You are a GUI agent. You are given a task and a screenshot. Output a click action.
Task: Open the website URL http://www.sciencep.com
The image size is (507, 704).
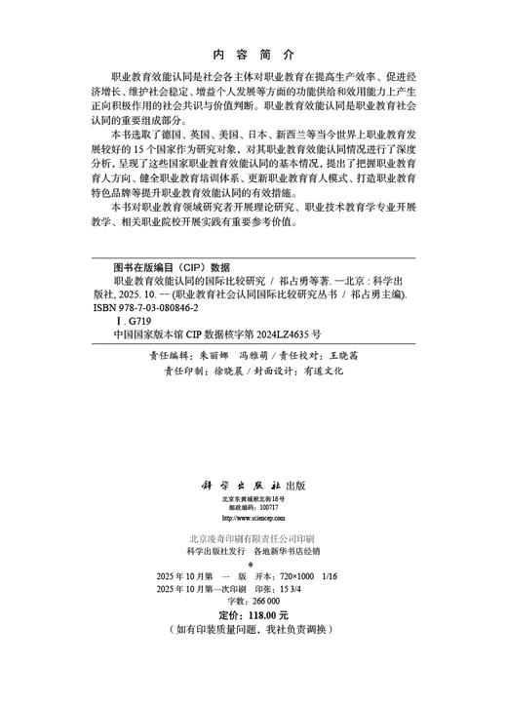253,518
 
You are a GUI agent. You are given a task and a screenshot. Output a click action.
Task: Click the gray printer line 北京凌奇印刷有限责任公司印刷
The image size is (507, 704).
252,538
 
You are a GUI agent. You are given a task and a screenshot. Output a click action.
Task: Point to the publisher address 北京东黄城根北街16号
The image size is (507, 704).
253,498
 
